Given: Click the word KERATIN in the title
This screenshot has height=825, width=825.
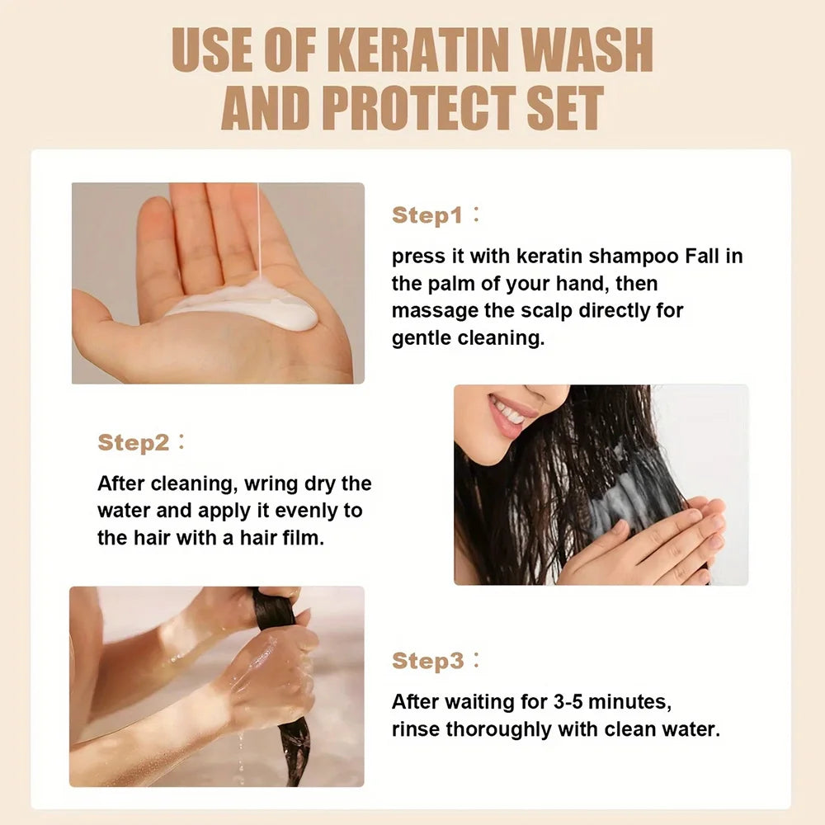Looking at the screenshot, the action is [422, 49].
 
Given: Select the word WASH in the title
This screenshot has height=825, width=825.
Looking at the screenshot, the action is [586, 49].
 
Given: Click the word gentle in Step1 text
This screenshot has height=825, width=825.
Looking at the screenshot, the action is [422, 339].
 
